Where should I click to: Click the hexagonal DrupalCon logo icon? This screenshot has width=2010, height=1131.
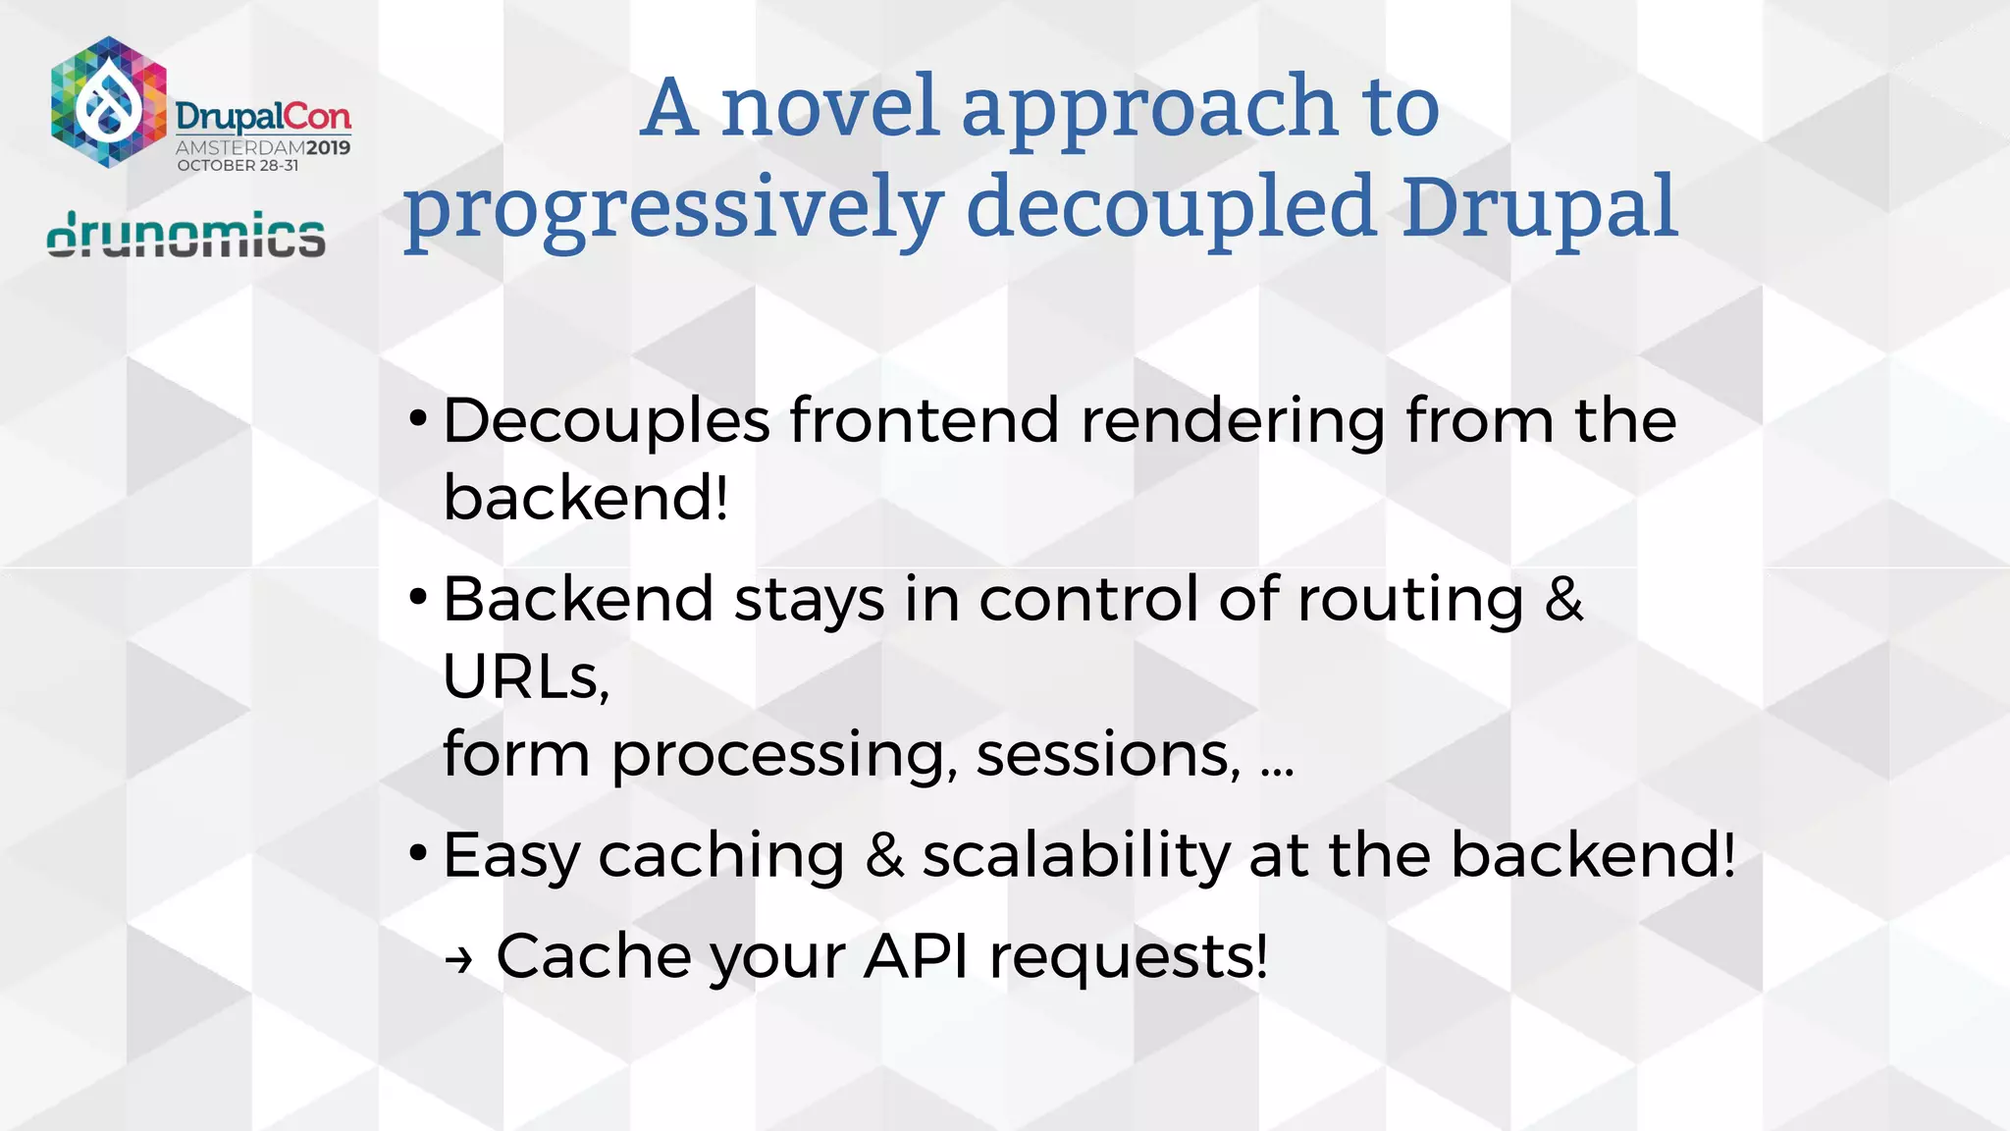(x=109, y=102)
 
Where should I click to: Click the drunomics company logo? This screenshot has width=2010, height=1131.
(x=186, y=236)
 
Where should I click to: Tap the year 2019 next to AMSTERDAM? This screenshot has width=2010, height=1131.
(x=328, y=148)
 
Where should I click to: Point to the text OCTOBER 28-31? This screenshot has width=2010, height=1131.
(x=238, y=166)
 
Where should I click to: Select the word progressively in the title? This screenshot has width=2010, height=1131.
(x=673, y=208)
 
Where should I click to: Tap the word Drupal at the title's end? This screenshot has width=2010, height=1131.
(x=1539, y=208)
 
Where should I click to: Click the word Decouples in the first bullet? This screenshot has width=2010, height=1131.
(x=606, y=421)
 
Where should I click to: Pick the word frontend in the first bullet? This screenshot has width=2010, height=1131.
(x=924, y=421)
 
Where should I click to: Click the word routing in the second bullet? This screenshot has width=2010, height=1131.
(x=1409, y=600)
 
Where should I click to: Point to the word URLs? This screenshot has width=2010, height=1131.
(x=526, y=676)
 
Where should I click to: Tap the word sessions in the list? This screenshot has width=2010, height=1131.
(x=1107, y=754)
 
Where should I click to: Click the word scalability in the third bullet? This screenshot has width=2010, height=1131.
(x=1076, y=855)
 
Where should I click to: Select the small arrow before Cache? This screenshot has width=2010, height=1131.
(x=458, y=959)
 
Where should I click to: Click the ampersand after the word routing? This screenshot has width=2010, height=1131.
(x=1563, y=599)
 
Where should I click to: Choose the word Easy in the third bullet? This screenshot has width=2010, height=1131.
(x=510, y=855)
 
